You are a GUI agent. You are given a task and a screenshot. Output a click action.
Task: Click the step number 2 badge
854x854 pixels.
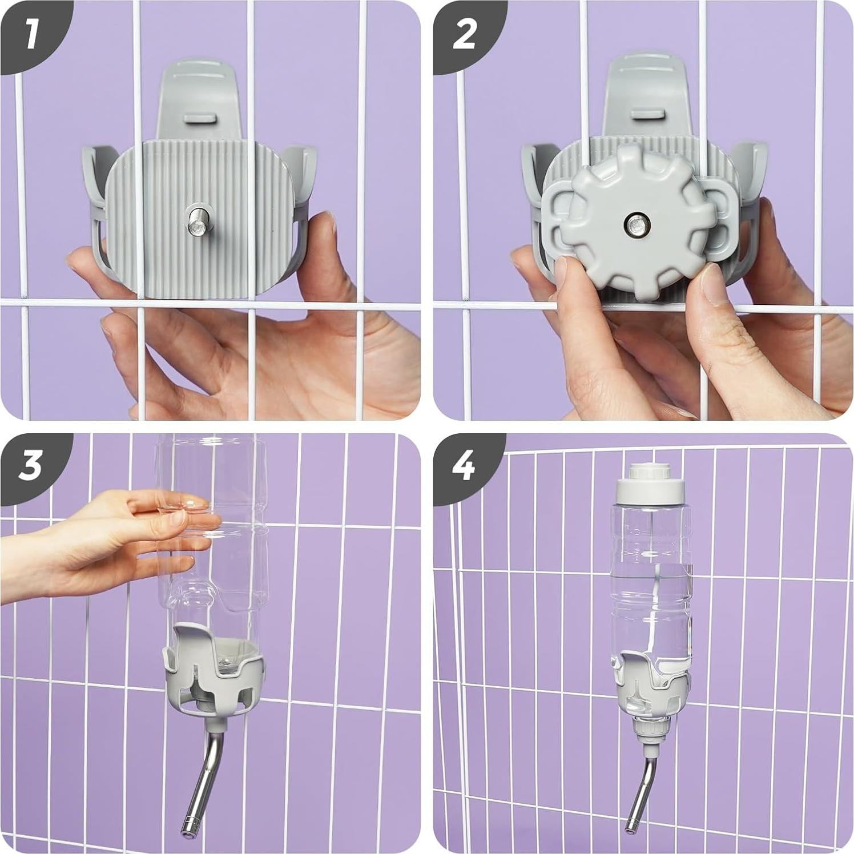point(464,34)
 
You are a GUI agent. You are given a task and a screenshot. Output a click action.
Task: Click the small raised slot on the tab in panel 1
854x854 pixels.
point(200,119)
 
